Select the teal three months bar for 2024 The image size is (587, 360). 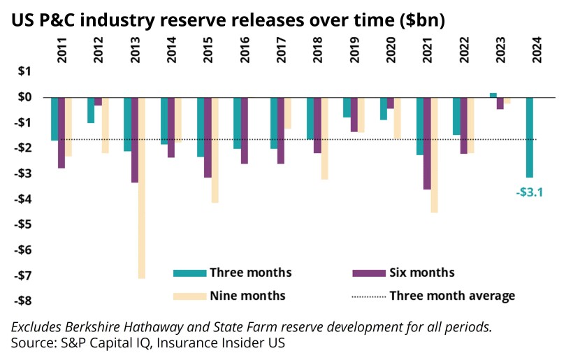(x=529, y=137)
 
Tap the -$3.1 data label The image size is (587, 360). (x=529, y=190)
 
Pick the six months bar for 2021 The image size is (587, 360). (x=427, y=143)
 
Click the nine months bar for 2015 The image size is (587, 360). (x=215, y=150)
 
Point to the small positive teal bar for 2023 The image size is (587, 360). (x=493, y=94)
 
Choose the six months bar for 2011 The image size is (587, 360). (x=61, y=133)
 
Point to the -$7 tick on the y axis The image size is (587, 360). (x=22, y=275)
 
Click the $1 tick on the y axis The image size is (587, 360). (x=24, y=71)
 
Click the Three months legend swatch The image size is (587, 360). (x=188, y=273)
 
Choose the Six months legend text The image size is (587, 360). (x=421, y=273)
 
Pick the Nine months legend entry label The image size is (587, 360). (x=247, y=296)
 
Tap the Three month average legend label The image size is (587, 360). (x=452, y=296)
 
